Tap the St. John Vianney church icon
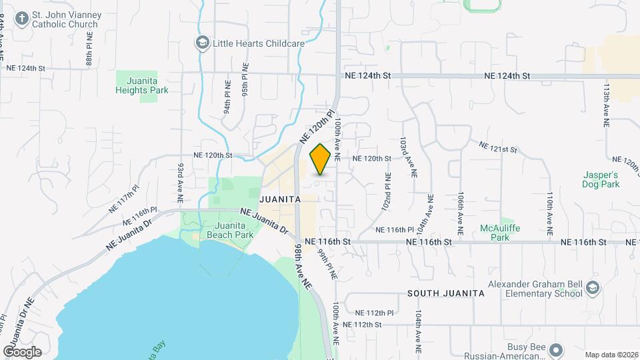tap(21, 18)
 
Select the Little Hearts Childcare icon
tap(202, 43)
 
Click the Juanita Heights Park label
tap(142, 85)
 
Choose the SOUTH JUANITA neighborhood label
tap(445, 293)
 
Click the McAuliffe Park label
tap(499, 232)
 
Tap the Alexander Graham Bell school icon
tap(593, 287)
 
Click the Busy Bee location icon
tap(558, 349)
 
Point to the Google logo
tap(22, 351)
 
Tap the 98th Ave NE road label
tap(303, 265)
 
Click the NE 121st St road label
tap(498, 147)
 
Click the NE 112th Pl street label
tap(375, 313)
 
